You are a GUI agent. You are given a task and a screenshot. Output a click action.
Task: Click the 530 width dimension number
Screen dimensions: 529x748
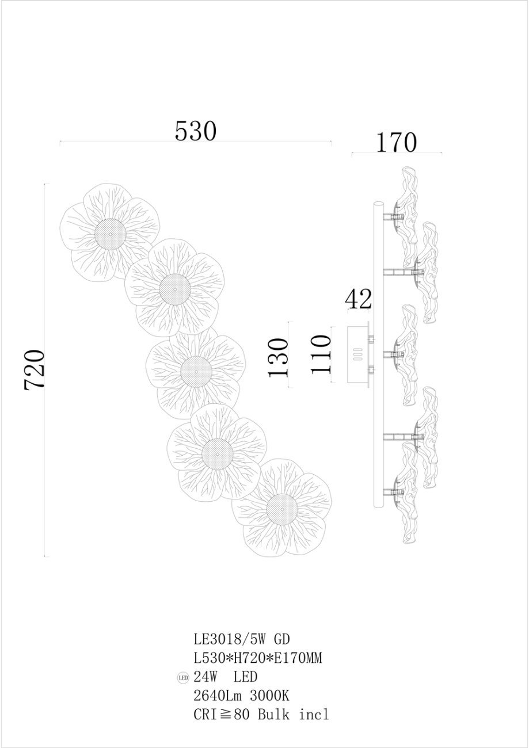coord(196,131)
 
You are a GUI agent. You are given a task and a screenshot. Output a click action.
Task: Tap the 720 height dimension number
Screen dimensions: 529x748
coord(35,369)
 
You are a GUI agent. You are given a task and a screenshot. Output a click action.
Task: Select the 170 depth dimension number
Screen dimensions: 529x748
coord(397,143)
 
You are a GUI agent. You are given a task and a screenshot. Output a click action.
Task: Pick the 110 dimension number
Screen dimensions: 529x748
coord(321,354)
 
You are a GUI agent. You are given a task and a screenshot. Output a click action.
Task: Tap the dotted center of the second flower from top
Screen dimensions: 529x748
coord(175,289)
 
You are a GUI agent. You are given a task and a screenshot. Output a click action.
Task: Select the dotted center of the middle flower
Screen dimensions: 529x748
coord(196,371)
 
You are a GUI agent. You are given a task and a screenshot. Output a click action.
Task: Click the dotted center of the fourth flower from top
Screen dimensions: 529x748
coord(218,455)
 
